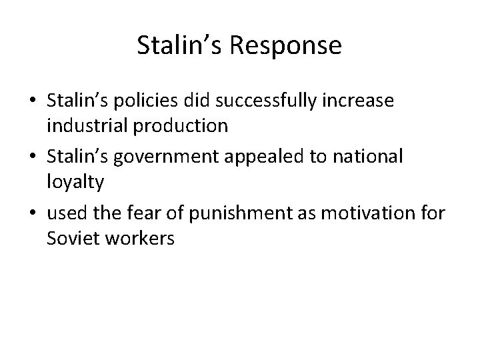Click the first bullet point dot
coord(32,102)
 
